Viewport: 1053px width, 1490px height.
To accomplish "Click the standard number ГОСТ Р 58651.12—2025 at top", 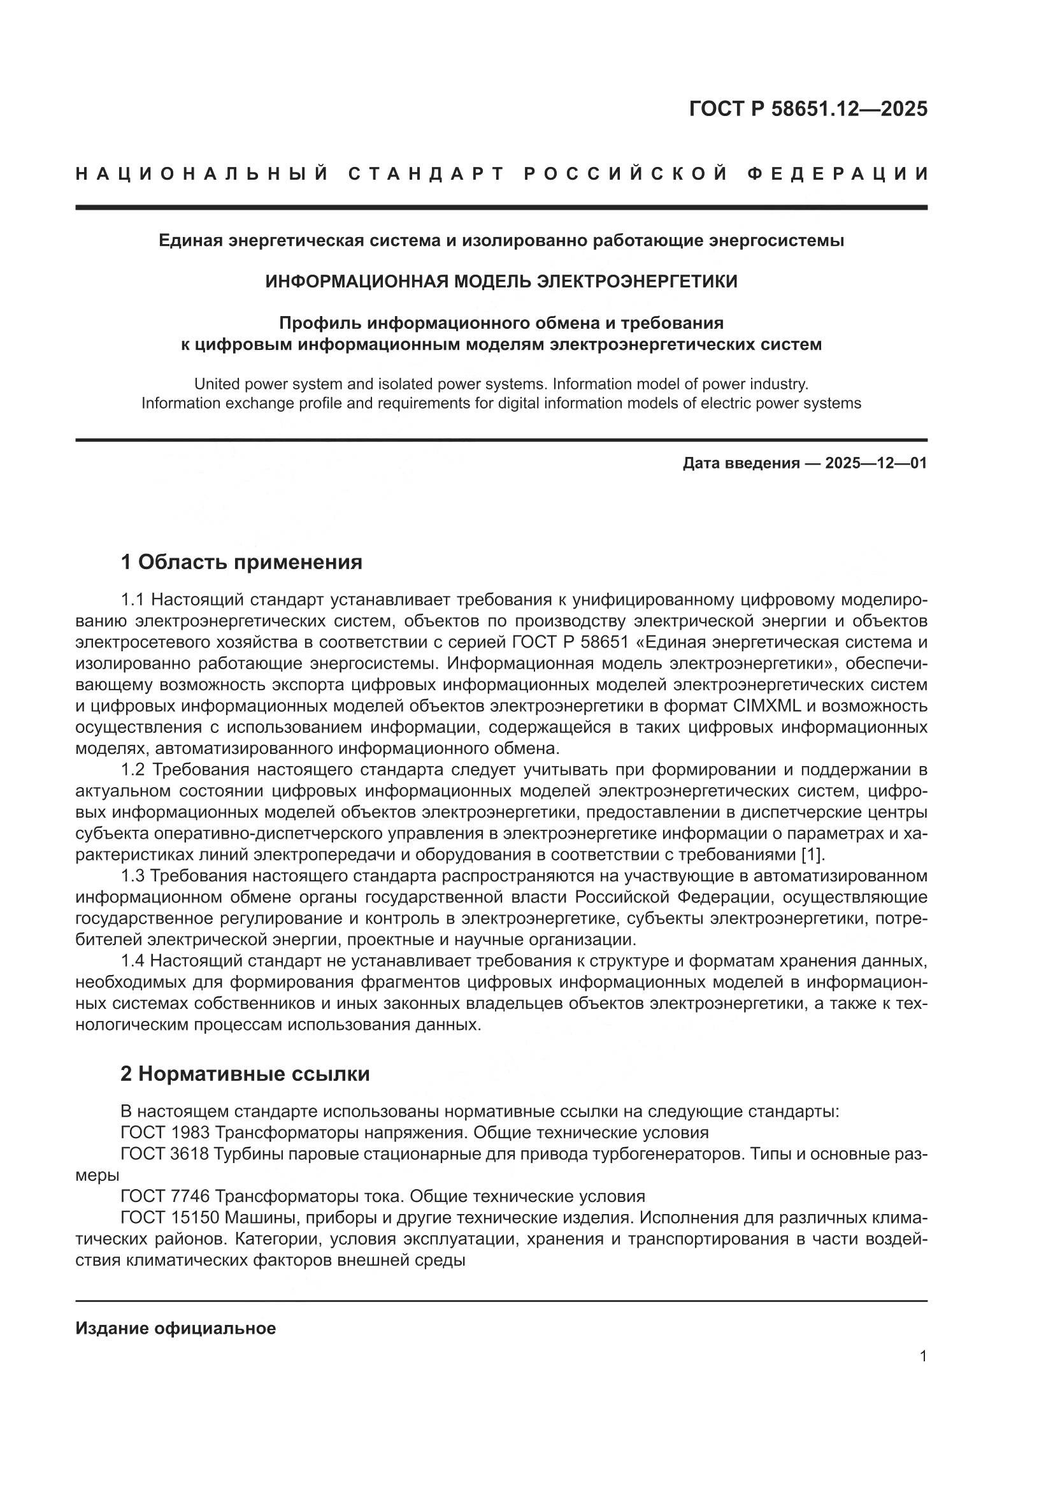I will coord(808,109).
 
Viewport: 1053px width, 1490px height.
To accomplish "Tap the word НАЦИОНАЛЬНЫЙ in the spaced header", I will coord(202,174).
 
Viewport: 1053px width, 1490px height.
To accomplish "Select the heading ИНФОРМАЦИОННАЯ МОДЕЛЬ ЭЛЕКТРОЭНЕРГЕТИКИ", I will coord(501,281).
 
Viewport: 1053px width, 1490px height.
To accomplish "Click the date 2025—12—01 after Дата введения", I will coord(876,463).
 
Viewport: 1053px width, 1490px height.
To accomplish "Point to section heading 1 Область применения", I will coord(241,562).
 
